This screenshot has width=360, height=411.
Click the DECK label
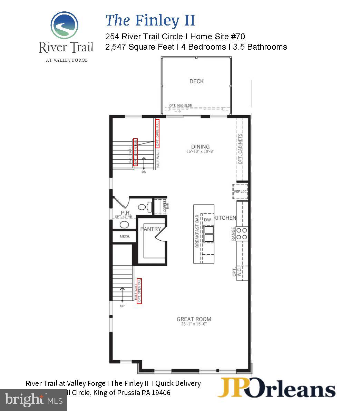pos(196,81)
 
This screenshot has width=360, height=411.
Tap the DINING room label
pos(201,147)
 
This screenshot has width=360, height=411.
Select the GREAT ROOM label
pos(194,319)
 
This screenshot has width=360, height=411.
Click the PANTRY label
pos(150,229)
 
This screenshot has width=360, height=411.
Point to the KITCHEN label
pos(225,218)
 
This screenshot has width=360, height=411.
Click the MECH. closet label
pos(125,237)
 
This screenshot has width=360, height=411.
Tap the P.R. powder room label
pos(125,213)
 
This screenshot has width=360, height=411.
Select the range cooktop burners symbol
pos(242,233)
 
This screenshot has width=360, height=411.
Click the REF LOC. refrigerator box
pos(241,192)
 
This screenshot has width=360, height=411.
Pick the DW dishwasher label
pos(207,220)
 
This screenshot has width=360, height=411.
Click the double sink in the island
pos(208,234)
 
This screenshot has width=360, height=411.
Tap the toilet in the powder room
pos(144,207)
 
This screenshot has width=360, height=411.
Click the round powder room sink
pos(124,225)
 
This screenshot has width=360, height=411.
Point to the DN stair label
pos(144,172)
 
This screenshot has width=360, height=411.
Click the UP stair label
pos(122,306)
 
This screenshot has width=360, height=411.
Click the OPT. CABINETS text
pos(241,149)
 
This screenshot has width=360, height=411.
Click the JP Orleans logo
pos(276,388)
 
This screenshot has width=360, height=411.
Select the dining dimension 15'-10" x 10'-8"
pos(201,151)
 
